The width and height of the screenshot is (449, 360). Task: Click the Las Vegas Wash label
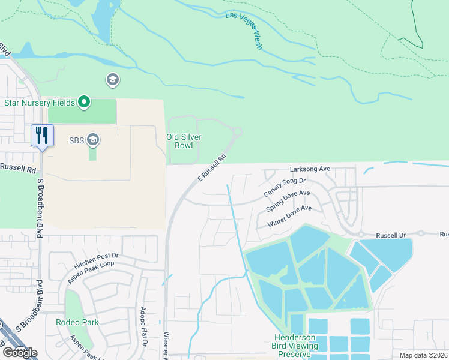coord(245,31)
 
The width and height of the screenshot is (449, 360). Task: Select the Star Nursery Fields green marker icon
coord(84,103)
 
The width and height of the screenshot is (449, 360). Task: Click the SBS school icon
coord(92,140)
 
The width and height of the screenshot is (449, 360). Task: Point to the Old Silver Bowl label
coord(184,141)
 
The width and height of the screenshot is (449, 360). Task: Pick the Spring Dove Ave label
coord(288,201)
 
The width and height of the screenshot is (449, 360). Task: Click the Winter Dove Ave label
coord(291,216)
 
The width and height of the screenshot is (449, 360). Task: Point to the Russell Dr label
coord(391,235)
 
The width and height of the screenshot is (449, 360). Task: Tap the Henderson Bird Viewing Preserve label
coord(294,346)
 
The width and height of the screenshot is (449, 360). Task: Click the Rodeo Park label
coord(77,322)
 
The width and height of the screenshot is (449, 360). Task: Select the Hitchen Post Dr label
coord(97,259)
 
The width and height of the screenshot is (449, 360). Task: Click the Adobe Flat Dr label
coord(143,326)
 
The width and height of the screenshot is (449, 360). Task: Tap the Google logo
coord(20,352)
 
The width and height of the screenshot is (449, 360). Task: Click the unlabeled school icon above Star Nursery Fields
coord(112,80)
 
